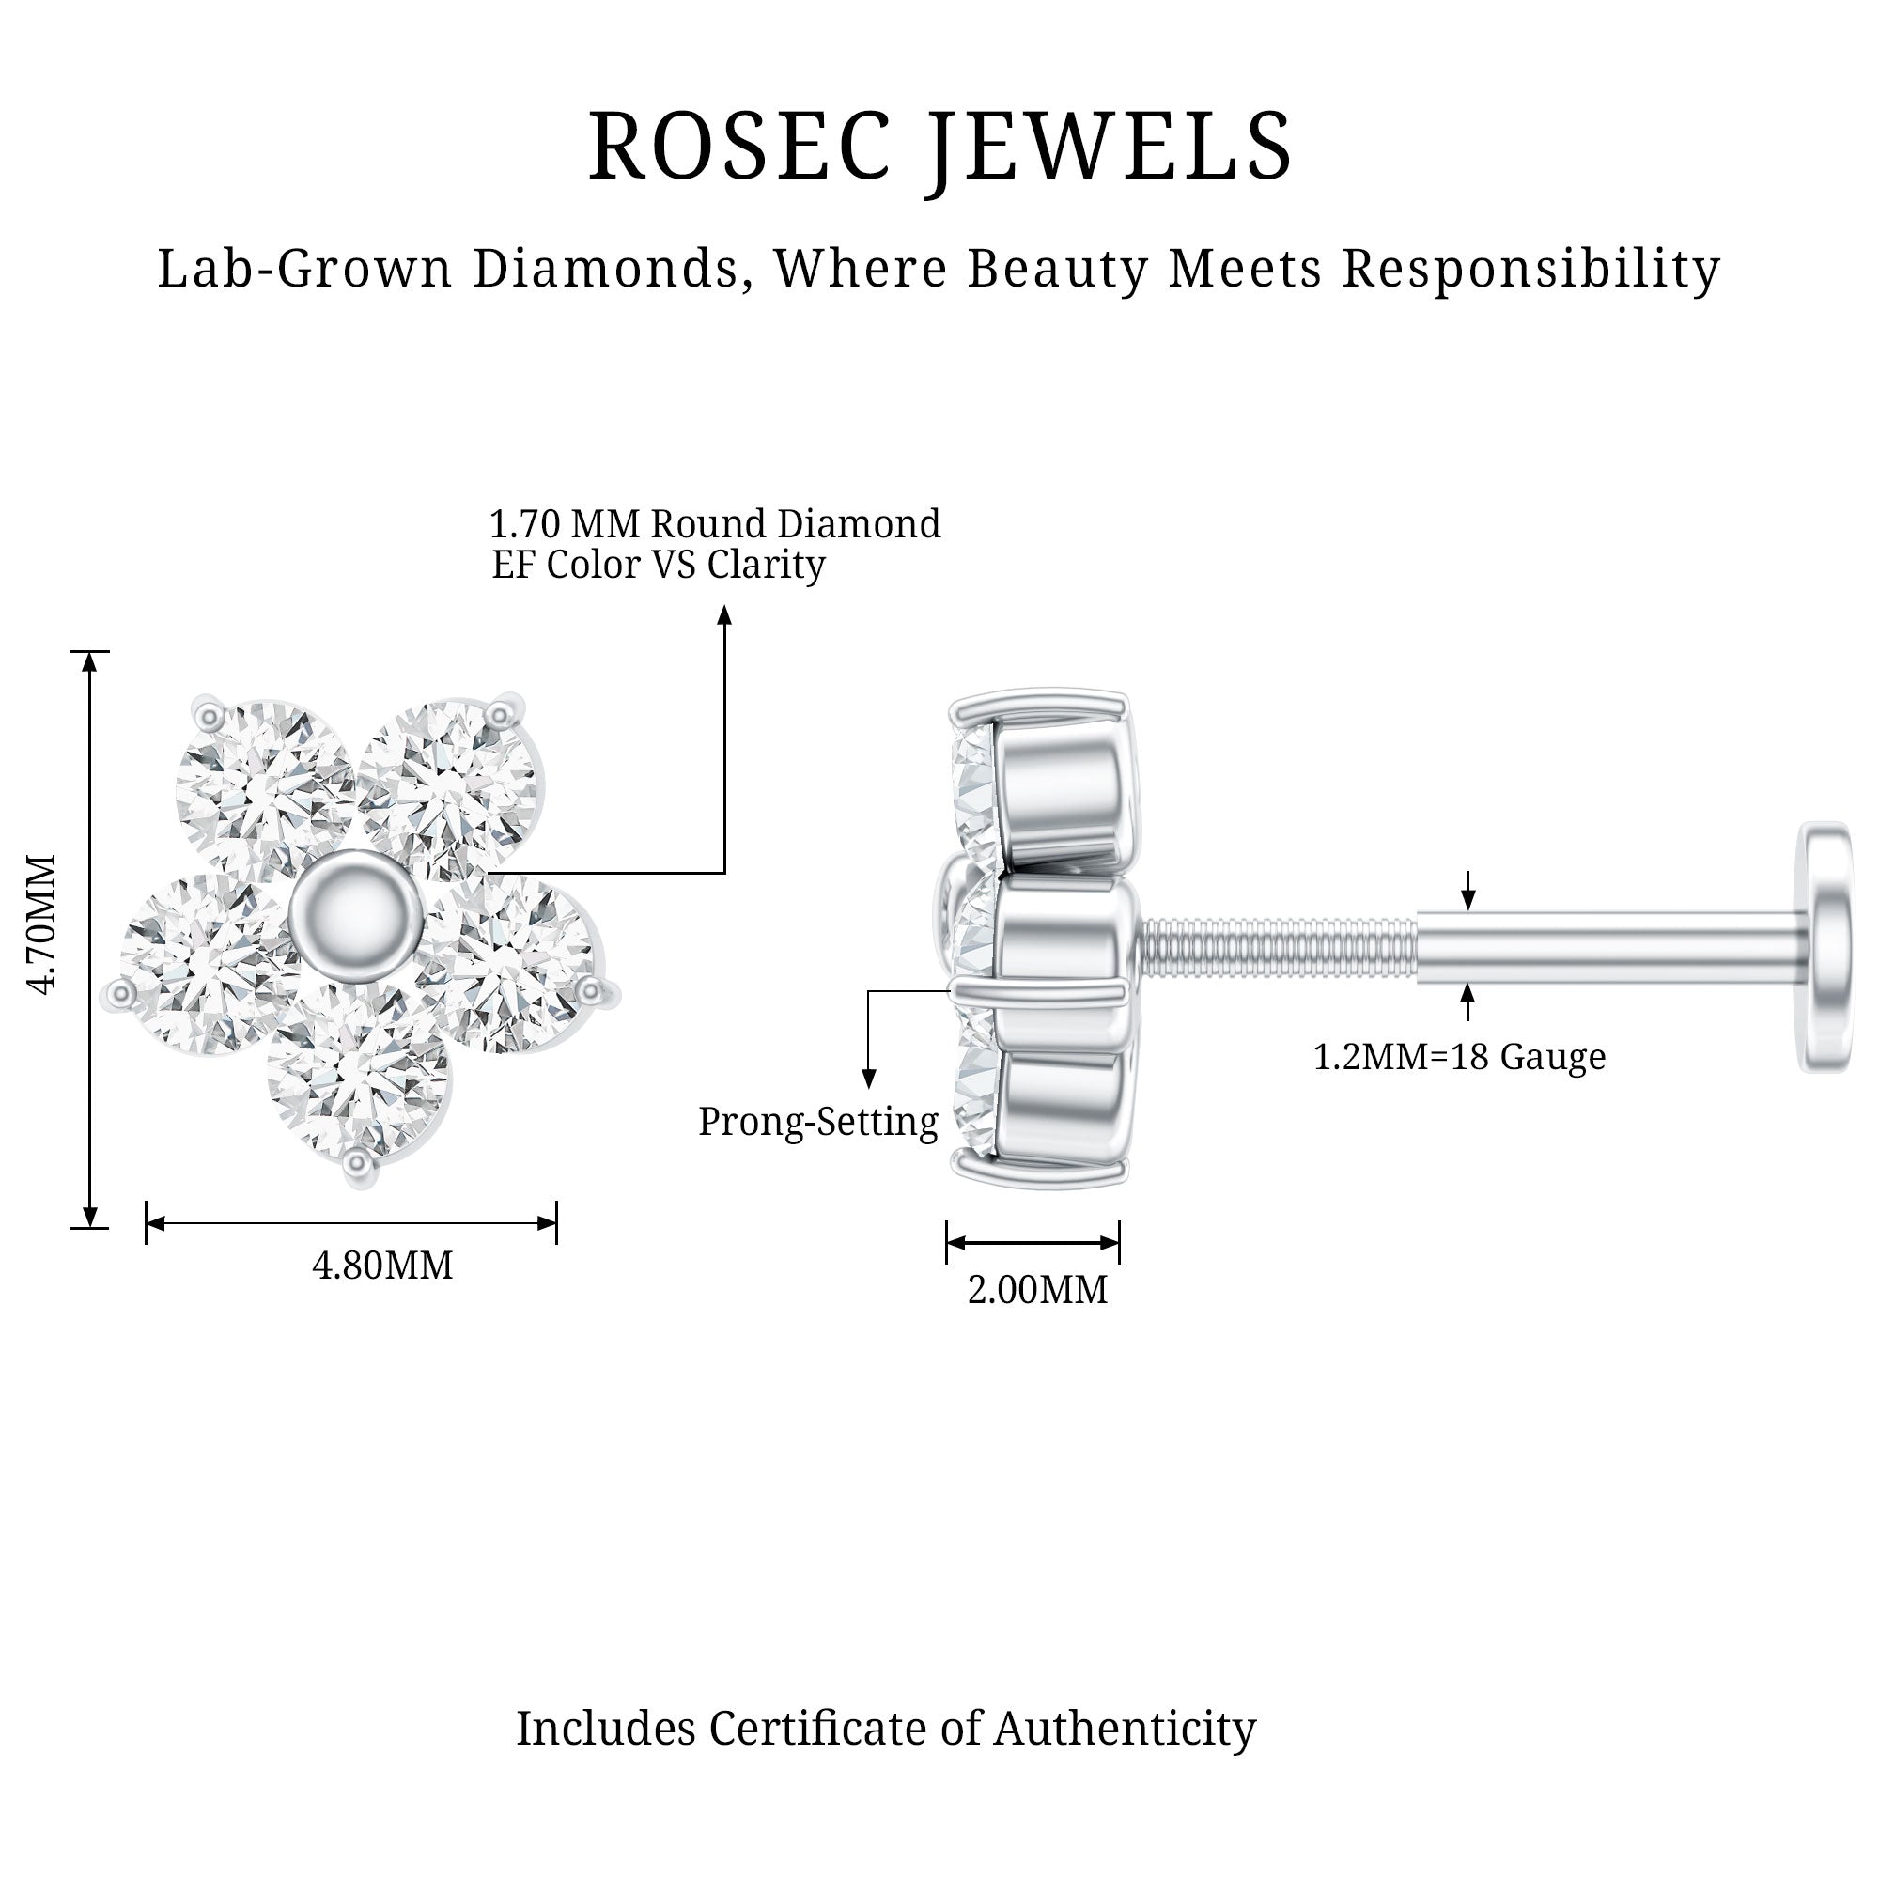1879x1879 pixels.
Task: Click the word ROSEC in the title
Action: click(x=739, y=148)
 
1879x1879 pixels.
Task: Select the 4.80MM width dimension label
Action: click(x=382, y=1266)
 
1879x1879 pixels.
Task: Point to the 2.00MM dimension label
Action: click(x=1037, y=1290)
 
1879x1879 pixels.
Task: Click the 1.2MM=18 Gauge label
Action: click(x=1459, y=1056)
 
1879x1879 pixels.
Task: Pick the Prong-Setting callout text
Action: click(x=818, y=1122)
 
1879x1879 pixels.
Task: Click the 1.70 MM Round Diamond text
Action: click(x=714, y=524)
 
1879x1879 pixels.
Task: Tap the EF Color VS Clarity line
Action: click(x=659, y=564)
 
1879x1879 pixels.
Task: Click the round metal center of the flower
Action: click(x=356, y=913)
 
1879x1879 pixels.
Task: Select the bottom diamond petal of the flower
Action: click(x=358, y=1075)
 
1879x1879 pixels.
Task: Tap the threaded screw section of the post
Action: click(x=1276, y=947)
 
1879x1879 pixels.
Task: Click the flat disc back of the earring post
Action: click(x=1825, y=947)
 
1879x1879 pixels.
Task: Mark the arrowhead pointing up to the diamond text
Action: click(x=723, y=614)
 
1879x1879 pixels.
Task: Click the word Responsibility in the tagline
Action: click(x=1530, y=269)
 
